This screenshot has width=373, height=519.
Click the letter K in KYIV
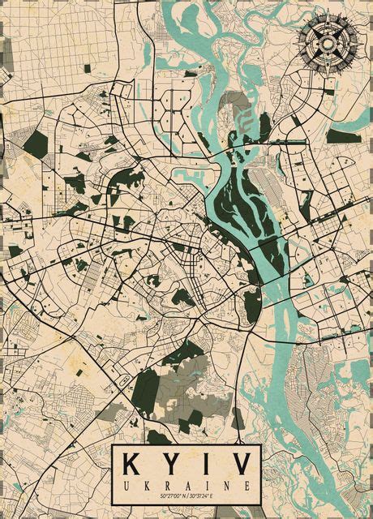(x=134, y=465)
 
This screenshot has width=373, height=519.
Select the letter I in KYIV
(x=202, y=465)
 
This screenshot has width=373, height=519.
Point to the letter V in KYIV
(x=238, y=465)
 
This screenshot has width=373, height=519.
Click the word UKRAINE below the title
(x=186, y=484)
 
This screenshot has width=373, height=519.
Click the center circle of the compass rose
(x=328, y=42)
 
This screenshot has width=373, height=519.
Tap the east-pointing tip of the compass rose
(x=358, y=42)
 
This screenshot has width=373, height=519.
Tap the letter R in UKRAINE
(x=166, y=484)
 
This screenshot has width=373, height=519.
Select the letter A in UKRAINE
(x=186, y=484)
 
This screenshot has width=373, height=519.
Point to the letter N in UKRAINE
(x=225, y=484)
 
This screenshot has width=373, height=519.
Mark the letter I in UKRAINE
(x=206, y=484)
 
